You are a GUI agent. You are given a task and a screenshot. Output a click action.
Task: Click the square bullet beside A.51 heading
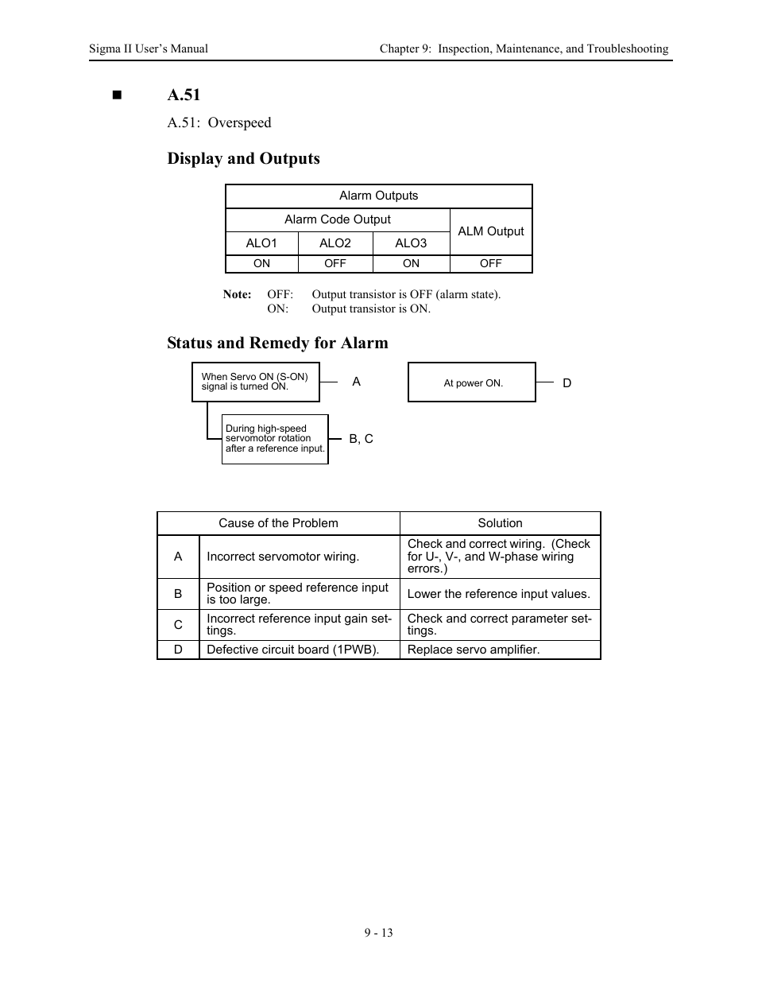point(118,95)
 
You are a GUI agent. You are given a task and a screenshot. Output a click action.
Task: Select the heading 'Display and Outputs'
point(243,158)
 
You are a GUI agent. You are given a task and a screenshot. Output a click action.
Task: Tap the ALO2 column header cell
point(335,243)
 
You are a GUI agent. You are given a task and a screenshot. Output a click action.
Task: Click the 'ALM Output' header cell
point(491,231)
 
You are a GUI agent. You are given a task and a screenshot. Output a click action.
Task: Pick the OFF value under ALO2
point(335,264)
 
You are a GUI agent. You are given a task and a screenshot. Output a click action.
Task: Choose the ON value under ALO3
point(411,264)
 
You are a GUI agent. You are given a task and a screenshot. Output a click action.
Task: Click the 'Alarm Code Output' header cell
point(338,219)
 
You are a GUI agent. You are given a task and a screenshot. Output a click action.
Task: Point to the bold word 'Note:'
point(237,294)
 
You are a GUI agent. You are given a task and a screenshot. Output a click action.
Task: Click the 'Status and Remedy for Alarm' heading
point(277,343)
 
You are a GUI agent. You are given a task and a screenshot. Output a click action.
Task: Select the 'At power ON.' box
point(472,382)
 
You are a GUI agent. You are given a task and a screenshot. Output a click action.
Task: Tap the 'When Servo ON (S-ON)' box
point(255,382)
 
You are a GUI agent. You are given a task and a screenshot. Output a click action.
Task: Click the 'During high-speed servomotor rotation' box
point(275,438)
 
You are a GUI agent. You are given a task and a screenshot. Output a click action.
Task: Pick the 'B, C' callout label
point(361,439)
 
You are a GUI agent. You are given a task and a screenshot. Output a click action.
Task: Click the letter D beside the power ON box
point(567,383)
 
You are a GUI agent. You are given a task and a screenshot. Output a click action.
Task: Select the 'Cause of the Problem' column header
point(278,523)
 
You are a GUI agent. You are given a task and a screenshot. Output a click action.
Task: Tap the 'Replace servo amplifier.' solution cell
point(474,650)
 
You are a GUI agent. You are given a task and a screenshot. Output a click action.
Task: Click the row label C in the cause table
point(178,625)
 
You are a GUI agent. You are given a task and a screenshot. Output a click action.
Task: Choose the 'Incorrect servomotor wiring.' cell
point(283,557)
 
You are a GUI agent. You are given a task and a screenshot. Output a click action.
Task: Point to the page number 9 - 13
point(379,933)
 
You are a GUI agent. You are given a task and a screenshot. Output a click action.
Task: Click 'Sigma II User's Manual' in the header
point(149,49)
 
